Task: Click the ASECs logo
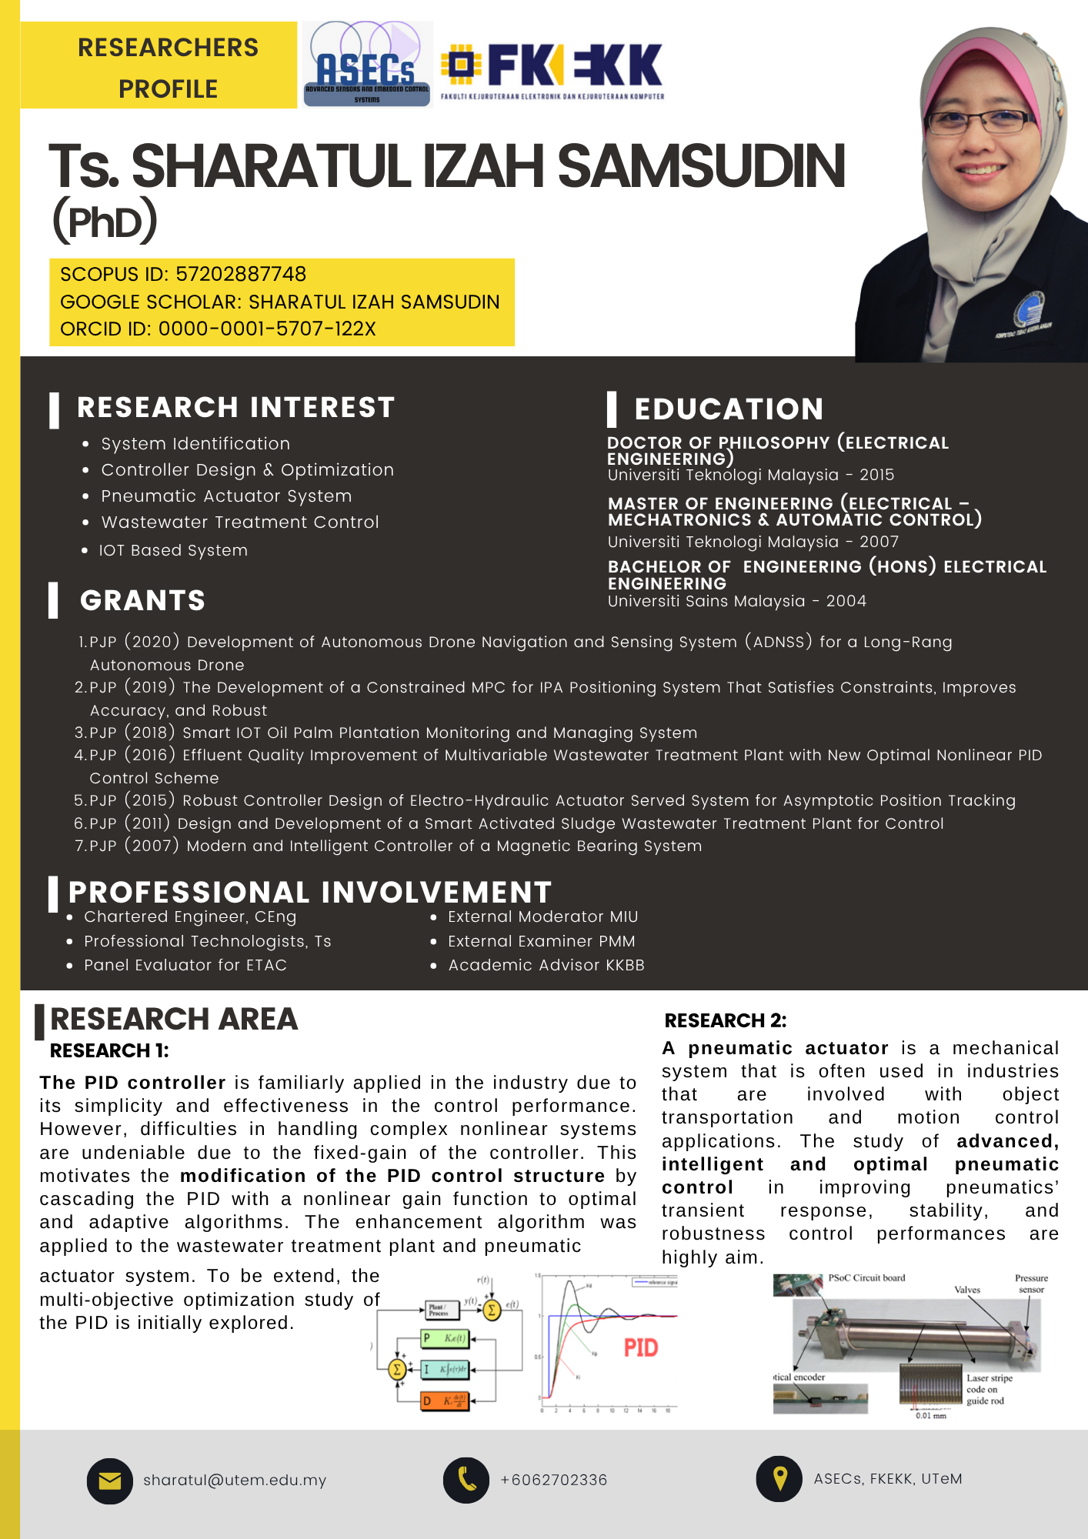point(367,65)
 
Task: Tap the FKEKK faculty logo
point(552,69)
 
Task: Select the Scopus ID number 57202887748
point(241,274)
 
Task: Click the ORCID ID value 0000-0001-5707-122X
point(267,329)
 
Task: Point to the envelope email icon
point(110,1481)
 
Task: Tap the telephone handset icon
point(466,1480)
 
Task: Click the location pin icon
point(779,1478)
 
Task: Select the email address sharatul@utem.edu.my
point(235,1481)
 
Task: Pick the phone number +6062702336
point(554,1481)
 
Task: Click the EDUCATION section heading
point(729,409)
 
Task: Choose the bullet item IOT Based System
point(173,550)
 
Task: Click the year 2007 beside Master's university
point(879,542)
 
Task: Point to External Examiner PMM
point(541,941)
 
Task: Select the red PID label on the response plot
point(641,1347)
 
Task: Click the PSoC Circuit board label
point(866,1278)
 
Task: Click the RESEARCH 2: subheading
point(726,1021)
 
